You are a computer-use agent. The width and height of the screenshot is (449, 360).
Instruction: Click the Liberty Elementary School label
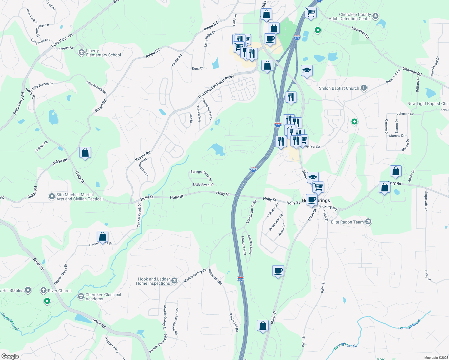pyautogui.click(x=103, y=53)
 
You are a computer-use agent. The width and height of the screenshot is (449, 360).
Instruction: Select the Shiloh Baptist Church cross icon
pyautogui.click(x=364, y=88)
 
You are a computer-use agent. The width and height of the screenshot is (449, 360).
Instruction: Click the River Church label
pyautogui.click(x=60, y=291)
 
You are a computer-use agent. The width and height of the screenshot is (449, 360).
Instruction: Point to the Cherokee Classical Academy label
pyautogui.click(x=103, y=297)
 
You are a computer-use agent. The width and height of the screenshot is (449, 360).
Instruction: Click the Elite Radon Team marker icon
pyautogui.click(x=368, y=222)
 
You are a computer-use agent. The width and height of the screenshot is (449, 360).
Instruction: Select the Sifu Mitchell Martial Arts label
pyautogui.click(x=79, y=197)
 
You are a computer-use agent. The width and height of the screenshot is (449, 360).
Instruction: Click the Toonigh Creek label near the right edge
pyautogui.click(x=409, y=324)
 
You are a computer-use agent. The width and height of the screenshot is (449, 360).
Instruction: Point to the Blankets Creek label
pyautogui.click(x=10, y=322)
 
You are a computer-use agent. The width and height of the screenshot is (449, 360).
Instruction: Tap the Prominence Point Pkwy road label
pyautogui.click(x=216, y=86)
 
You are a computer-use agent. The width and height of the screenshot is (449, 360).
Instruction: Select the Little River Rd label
pyautogui.click(x=203, y=184)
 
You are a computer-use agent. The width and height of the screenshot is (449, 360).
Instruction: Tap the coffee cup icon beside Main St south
pyautogui.click(x=278, y=271)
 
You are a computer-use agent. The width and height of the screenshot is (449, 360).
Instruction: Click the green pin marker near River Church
pyautogui.click(x=47, y=301)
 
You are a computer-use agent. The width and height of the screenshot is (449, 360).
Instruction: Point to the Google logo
pyautogui.click(x=10, y=356)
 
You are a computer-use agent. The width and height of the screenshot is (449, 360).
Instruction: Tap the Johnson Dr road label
pyautogui.click(x=405, y=114)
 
